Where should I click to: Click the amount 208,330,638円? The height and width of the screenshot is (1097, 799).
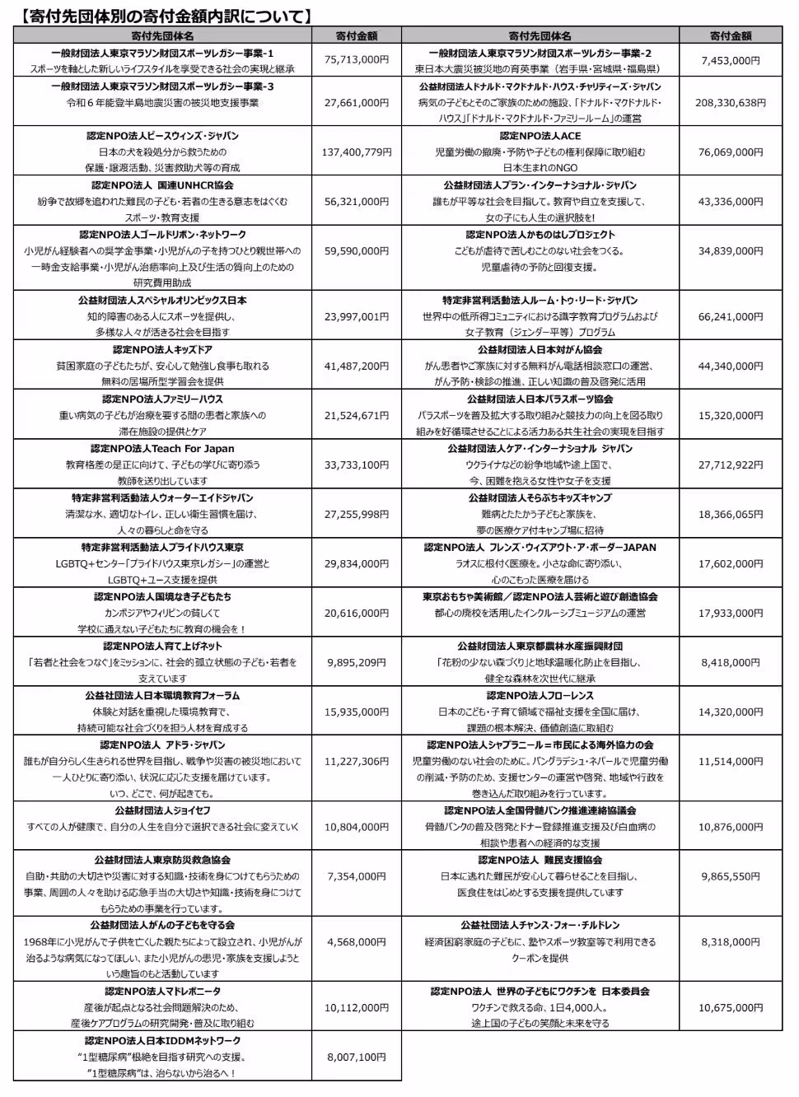pyautogui.click(x=730, y=102)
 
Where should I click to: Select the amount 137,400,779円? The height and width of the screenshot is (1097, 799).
pyautogui.click(x=357, y=152)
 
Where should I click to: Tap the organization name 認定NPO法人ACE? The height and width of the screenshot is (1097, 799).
pyautogui.click(x=540, y=136)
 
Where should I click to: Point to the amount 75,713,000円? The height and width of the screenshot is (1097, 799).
pyautogui.click(x=357, y=60)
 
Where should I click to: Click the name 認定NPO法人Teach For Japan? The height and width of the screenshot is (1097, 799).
pyautogui.click(x=162, y=449)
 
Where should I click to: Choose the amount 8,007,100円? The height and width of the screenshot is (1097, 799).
pyautogui.click(x=357, y=1057)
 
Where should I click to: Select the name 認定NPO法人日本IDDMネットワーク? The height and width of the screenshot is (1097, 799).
pyautogui.click(x=162, y=1041)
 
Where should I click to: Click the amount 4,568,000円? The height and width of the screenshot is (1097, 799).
pyautogui.click(x=357, y=941)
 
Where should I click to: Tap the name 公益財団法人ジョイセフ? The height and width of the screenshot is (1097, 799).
pyautogui.click(x=162, y=810)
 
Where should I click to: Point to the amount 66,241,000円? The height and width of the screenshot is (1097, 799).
pyautogui.click(x=730, y=316)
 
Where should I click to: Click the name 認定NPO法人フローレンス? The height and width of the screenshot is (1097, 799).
pyautogui.click(x=540, y=695)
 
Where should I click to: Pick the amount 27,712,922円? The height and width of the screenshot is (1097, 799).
pyautogui.click(x=730, y=464)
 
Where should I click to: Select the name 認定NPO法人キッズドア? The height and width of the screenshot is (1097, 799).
pyautogui.click(x=162, y=350)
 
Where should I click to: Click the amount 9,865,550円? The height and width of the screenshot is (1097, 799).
pyautogui.click(x=730, y=876)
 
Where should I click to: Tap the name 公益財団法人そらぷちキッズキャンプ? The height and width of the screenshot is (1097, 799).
pyautogui.click(x=540, y=498)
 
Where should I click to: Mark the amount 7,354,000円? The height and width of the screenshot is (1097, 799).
pyautogui.click(x=357, y=876)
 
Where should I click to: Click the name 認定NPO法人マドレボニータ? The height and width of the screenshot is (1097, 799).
pyautogui.click(x=162, y=992)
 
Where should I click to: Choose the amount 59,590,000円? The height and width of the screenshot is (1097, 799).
pyautogui.click(x=357, y=250)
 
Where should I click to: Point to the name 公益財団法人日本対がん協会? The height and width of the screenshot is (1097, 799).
pyautogui.click(x=540, y=350)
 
